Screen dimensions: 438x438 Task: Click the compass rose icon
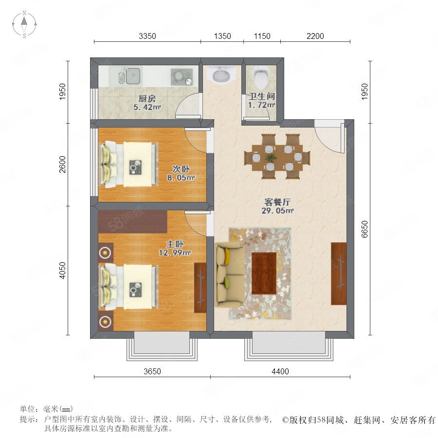pyautogui.click(x=24, y=24)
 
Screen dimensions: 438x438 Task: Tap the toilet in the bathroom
pyautogui.click(x=261, y=76)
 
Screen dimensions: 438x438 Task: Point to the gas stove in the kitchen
pyautogui.click(x=182, y=76)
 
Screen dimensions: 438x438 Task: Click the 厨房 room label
pyautogui.click(x=147, y=99)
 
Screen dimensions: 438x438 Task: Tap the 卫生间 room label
pyautogui.click(x=262, y=96)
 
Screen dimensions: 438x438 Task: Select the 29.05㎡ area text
pyautogui.click(x=277, y=211)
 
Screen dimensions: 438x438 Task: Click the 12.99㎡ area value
pyautogui.click(x=175, y=253)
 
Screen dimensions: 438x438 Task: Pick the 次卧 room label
pyautogui.click(x=181, y=169)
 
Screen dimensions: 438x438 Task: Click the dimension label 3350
pyautogui.click(x=147, y=36)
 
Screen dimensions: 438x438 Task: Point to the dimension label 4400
pyautogui.click(x=280, y=371)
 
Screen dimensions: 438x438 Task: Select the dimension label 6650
pyautogui.click(x=365, y=229)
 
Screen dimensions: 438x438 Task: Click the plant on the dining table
pyautogui.click(x=271, y=158)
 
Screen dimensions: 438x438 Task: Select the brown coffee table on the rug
pyautogui.click(x=264, y=273)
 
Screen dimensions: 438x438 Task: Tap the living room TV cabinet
pyautogui.click(x=339, y=274)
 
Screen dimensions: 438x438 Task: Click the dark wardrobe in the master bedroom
pyautogui.click(x=133, y=222)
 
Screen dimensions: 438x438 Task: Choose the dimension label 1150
pyautogui.click(x=262, y=36)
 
